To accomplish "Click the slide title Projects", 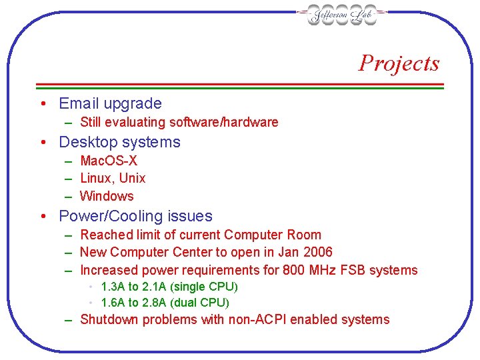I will pyautogui.click(x=399, y=63).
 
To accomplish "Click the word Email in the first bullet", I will pyautogui.click(x=79, y=103).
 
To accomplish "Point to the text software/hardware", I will pyautogui.click(x=224, y=122).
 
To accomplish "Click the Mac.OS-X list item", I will pyautogui.click(x=109, y=161).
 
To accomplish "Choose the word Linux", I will pyautogui.click(x=96, y=178).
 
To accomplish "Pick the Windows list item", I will pyautogui.click(x=107, y=196).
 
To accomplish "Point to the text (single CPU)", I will pyautogui.click(x=205, y=287).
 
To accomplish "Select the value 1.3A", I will pyautogui.click(x=113, y=287).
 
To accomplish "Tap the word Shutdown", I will pyautogui.click(x=105, y=319).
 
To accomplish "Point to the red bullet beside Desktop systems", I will pyautogui.click(x=42, y=142).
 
